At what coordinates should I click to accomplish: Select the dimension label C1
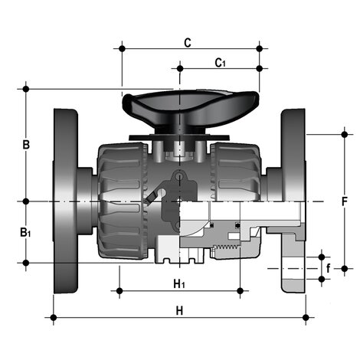tap(220, 62)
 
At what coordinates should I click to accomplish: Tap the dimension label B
tap(26, 145)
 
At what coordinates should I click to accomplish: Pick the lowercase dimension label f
tap(330, 268)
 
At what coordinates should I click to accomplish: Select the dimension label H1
tap(179, 284)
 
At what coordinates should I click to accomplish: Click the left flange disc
tap(67, 201)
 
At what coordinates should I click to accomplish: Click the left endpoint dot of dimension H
tap(53, 316)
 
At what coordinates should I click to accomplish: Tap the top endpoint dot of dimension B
tap(26, 89)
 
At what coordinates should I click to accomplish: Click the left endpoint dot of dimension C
tap(122, 48)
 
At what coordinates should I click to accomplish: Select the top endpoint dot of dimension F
tap(342, 134)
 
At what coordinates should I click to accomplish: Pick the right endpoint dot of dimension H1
tap(241, 291)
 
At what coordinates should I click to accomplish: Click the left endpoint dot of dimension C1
tap(180, 68)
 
